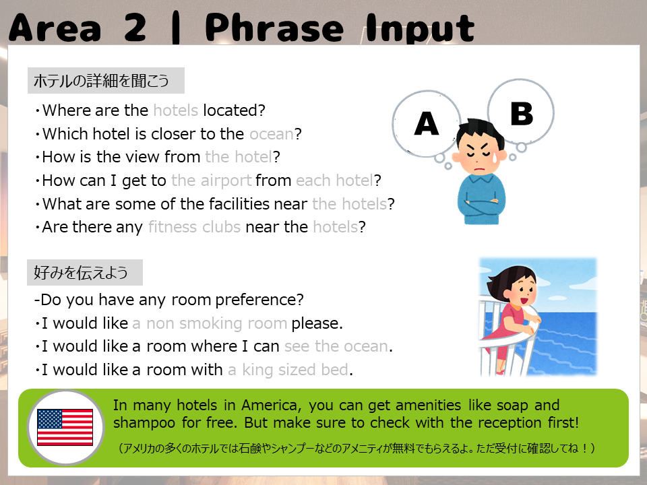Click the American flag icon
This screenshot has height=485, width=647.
[65, 427]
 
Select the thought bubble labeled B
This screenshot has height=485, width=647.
[521, 112]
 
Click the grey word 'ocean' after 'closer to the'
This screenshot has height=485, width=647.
[272, 134]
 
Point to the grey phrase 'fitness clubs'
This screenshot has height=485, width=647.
[194, 227]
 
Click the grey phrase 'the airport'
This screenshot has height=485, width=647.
[211, 181]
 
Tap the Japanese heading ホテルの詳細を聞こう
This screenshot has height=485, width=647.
[102, 80]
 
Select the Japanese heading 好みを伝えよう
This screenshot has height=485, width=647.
[81, 272]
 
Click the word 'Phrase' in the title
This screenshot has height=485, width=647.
[274, 28]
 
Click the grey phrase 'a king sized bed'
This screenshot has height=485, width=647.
[288, 370]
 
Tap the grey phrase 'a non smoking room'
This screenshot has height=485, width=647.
[210, 323]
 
